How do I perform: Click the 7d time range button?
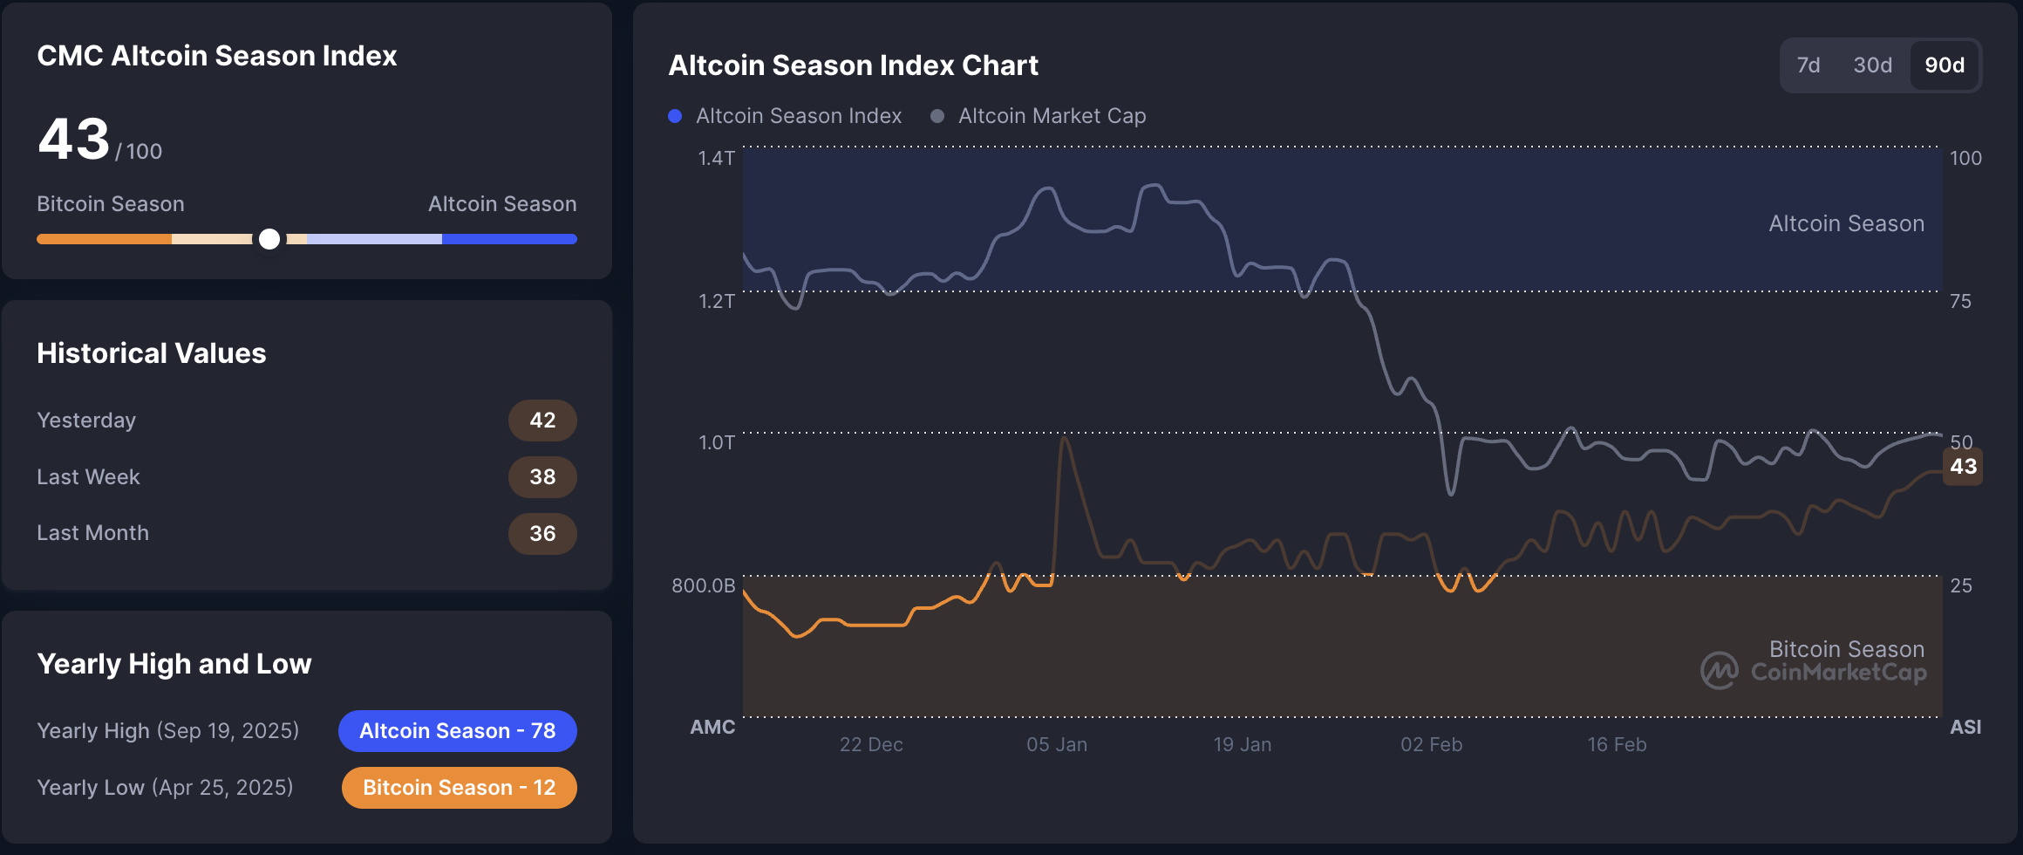pyautogui.click(x=1808, y=65)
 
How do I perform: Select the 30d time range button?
pyautogui.click(x=1872, y=65)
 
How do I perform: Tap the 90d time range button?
pyautogui.click(x=1945, y=65)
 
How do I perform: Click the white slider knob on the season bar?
pyautogui.click(x=269, y=239)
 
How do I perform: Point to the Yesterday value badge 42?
pyautogui.click(x=542, y=421)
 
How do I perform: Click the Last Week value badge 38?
pyautogui.click(x=542, y=477)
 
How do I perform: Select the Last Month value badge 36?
pyautogui.click(x=542, y=534)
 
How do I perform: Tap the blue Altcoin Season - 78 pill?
pyautogui.click(x=458, y=731)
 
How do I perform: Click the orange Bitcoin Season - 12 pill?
pyautogui.click(x=459, y=788)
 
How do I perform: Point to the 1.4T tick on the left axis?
pyautogui.click(x=717, y=158)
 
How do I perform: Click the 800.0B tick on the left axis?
pyautogui.click(x=704, y=585)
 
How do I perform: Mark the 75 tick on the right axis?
pyautogui.click(x=1960, y=301)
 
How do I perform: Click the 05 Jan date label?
pyautogui.click(x=1057, y=745)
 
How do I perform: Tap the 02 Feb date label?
pyautogui.click(x=1431, y=745)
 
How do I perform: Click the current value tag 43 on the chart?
pyautogui.click(x=1963, y=467)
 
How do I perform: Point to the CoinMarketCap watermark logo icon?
pyautogui.click(x=1720, y=671)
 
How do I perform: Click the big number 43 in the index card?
pyautogui.click(x=74, y=140)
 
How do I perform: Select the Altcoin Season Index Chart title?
pyautogui.click(x=853, y=65)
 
